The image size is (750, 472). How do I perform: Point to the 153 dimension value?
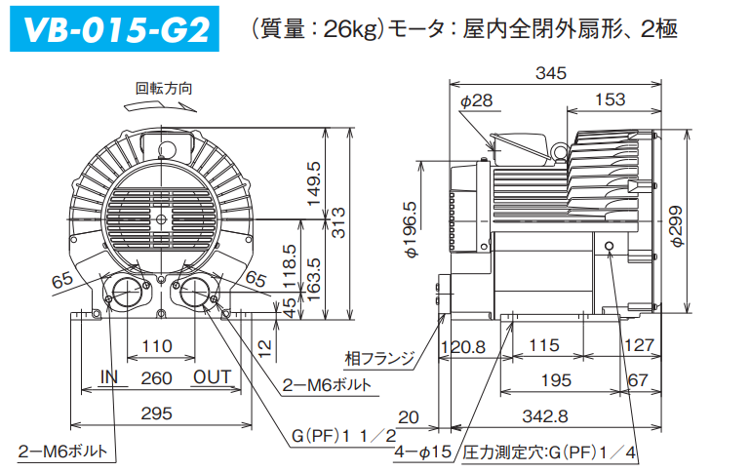click(610, 99)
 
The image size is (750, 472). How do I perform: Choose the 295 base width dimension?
click(157, 413)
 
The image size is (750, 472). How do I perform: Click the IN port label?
click(110, 376)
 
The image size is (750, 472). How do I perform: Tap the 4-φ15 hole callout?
click(422, 452)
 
